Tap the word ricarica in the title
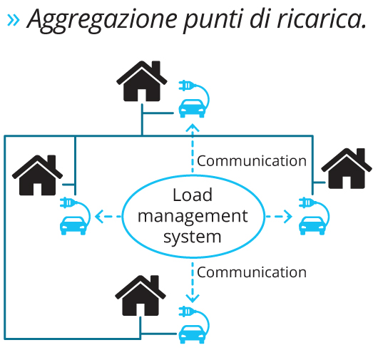point(318,19)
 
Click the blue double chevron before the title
point(14,20)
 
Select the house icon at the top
point(142,81)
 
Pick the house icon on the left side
point(37,175)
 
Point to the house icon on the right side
point(347,168)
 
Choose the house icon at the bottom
point(141,295)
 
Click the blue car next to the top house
point(192,108)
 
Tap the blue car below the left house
point(73,226)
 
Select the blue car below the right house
point(312,226)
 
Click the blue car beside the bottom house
point(192,334)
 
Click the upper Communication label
point(252,161)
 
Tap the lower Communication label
point(252,272)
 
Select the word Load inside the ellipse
point(193,195)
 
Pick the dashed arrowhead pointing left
point(99,217)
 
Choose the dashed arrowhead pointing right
point(288,217)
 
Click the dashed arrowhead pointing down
point(193,298)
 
